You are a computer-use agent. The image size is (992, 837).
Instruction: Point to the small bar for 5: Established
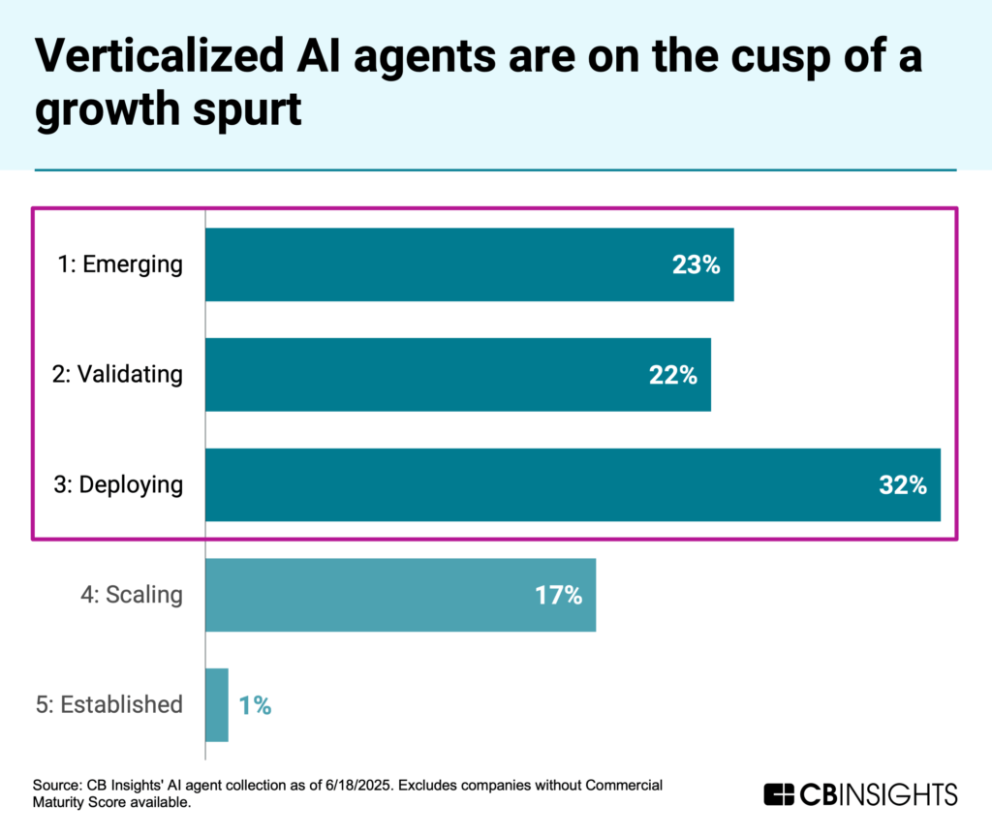pyautogui.click(x=217, y=705)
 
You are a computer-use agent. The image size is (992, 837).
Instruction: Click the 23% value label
pyautogui.click(x=697, y=265)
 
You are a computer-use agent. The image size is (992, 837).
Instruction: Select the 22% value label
pyautogui.click(x=673, y=375)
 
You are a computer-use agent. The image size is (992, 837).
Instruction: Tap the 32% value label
pyautogui.click(x=903, y=485)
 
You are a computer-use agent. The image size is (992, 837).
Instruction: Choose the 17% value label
pyautogui.click(x=558, y=596)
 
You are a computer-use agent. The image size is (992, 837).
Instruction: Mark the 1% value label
pyautogui.click(x=254, y=706)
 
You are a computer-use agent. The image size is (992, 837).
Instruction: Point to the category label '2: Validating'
pyautogui.click(x=116, y=374)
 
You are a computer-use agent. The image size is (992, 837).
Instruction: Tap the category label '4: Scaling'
pyautogui.click(x=132, y=595)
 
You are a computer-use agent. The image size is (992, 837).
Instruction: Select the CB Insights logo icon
pyautogui.click(x=778, y=794)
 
